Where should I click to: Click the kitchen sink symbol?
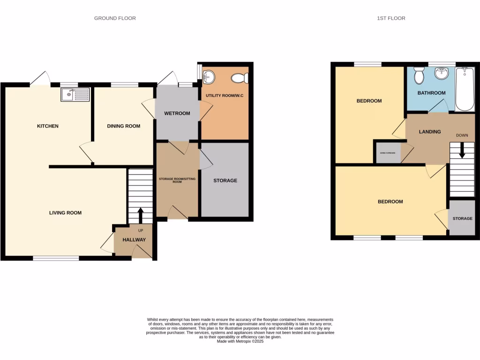pyautogui.click(x=75, y=95)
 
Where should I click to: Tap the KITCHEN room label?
pyautogui.click(x=48, y=126)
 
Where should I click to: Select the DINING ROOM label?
pyautogui.click(x=124, y=126)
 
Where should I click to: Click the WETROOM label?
pyautogui.click(x=177, y=113)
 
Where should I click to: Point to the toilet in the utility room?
pyautogui.click(x=240, y=78)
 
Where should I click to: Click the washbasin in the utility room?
pyautogui.click(x=208, y=76)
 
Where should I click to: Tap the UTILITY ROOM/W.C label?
pyautogui.click(x=224, y=96)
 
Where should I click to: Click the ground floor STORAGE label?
pyautogui.click(x=225, y=180)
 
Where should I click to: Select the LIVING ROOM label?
pyautogui.click(x=66, y=213)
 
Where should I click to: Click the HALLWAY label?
pyautogui.click(x=134, y=240)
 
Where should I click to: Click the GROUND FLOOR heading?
pyautogui.click(x=115, y=18)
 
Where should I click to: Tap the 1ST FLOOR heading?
pyautogui.click(x=391, y=18)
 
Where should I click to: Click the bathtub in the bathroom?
pyautogui.click(x=465, y=89)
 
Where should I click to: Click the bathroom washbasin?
pyautogui.click(x=441, y=74)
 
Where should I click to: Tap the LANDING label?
pyautogui.click(x=430, y=132)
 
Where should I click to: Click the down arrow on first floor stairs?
pyautogui.click(x=462, y=151)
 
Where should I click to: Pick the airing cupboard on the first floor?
pyautogui.click(x=388, y=153)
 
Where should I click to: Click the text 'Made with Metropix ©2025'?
pyautogui.click(x=240, y=342)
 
